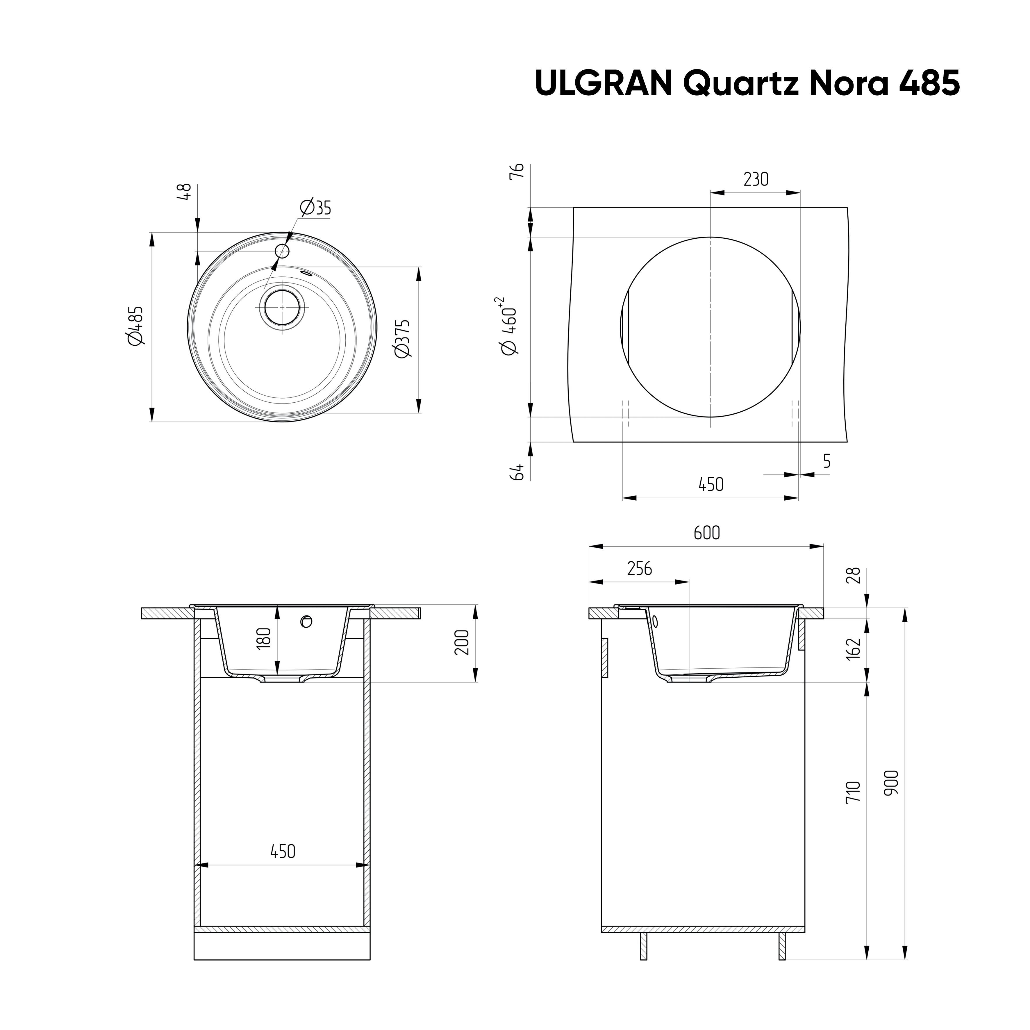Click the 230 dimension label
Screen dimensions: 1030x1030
pos(756,179)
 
